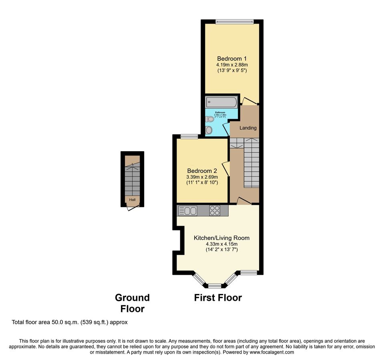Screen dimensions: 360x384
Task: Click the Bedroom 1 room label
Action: (x=232, y=58)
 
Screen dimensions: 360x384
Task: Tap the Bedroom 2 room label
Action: (x=202, y=170)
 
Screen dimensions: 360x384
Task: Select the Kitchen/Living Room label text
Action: (x=221, y=238)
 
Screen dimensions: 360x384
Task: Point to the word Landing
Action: (x=248, y=128)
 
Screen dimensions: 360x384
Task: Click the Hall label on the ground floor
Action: (x=132, y=199)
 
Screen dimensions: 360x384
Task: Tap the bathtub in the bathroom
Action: (x=221, y=102)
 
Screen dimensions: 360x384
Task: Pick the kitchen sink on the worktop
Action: (x=187, y=210)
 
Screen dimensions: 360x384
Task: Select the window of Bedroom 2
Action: (x=189, y=137)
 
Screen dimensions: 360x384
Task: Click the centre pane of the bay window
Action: (x=215, y=286)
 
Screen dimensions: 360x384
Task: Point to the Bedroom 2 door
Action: (x=226, y=168)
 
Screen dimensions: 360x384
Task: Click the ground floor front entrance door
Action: (x=132, y=207)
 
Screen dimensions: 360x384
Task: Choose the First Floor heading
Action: (x=218, y=298)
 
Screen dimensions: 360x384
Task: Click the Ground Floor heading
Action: (x=132, y=303)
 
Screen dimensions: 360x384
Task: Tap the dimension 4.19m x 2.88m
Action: (x=232, y=64)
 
